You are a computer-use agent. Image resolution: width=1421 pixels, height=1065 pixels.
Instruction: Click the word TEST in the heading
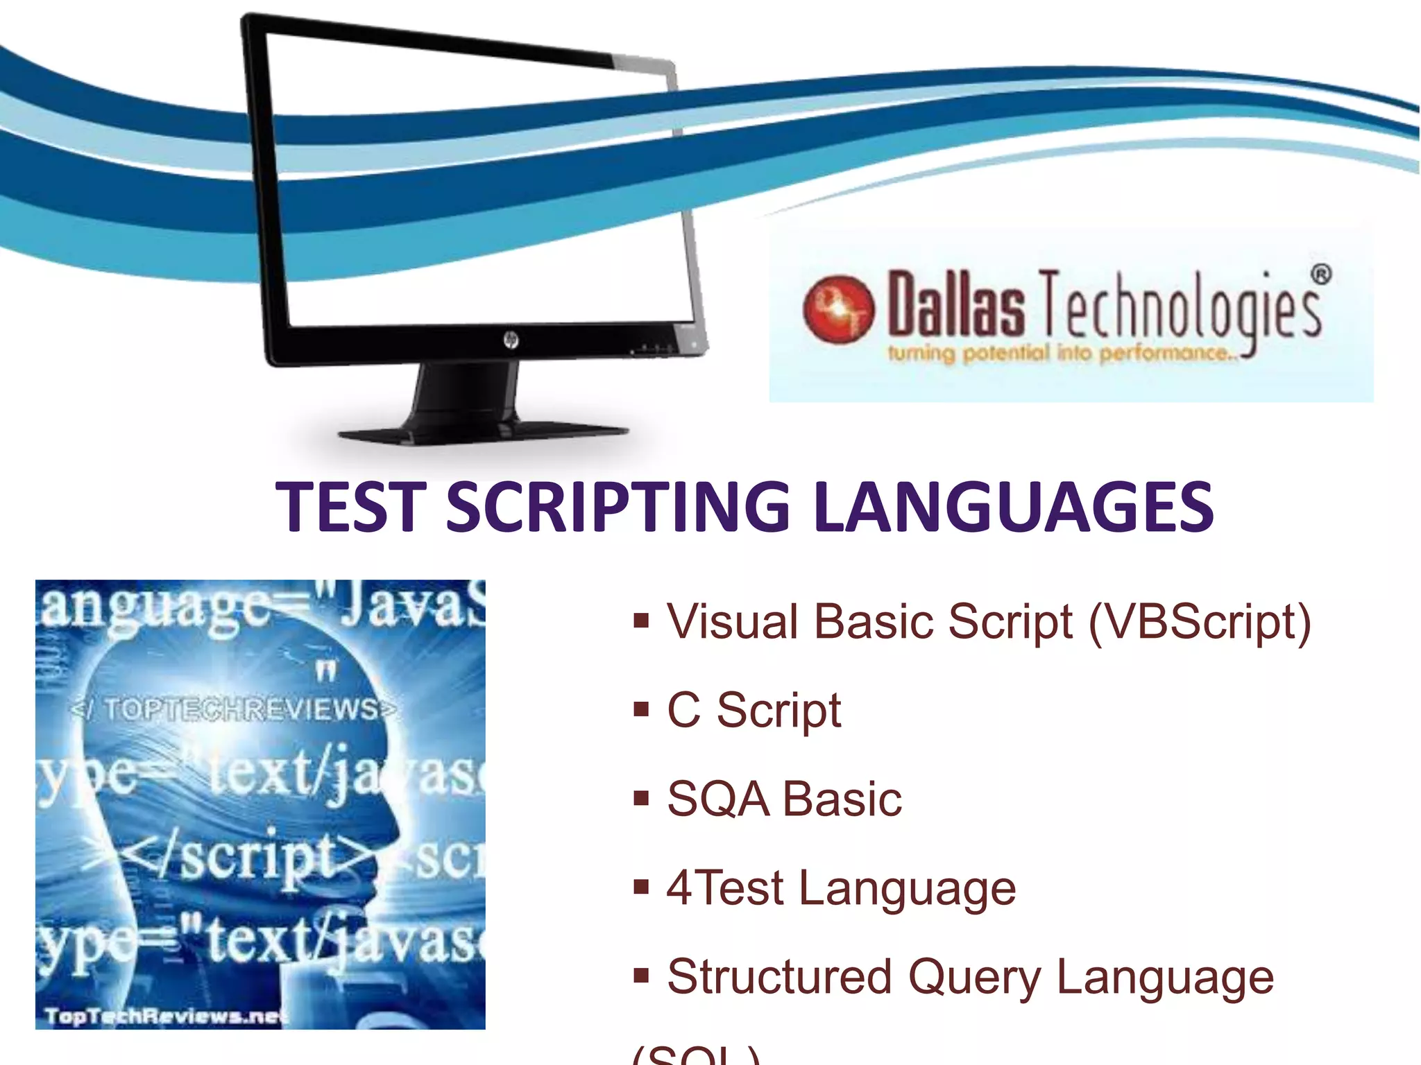(x=350, y=507)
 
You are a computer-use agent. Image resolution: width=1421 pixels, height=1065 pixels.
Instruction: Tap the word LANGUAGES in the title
(x=1012, y=507)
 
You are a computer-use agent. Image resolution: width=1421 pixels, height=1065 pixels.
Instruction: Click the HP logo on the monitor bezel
(x=511, y=340)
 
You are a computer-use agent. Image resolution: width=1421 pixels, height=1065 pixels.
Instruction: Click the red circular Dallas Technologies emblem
(x=838, y=309)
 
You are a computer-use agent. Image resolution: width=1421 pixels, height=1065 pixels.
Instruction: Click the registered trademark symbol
(x=1320, y=275)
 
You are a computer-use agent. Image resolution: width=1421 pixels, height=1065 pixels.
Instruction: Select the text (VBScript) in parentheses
(x=1200, y=622)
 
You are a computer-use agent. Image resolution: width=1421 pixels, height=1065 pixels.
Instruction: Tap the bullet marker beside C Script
(x=640, y=709)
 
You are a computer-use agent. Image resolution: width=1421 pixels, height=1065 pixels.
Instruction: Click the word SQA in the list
(x=717, y=799)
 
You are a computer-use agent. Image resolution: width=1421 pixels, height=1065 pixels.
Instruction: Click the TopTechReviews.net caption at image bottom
(x=164, y=1016)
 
